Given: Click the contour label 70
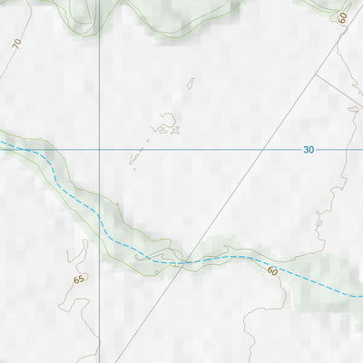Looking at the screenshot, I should tap(16, 44).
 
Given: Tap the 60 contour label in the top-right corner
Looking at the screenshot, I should tap(343, 18).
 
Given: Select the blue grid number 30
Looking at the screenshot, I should tap(309, 150).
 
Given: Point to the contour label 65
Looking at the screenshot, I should tap(79, 280).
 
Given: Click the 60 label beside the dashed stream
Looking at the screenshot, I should tap(272, 270).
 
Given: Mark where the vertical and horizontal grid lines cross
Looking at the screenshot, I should tap(99, 148).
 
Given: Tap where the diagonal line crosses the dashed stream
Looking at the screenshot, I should tap(184, 263).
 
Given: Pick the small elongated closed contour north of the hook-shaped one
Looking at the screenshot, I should tap(191, 83).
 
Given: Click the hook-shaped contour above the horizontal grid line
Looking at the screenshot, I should tap(168, 123).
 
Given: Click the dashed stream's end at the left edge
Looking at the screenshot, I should tap(2, 141).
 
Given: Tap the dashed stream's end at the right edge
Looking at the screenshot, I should tap(360, 296).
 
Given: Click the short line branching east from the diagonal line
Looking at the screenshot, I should tap(338, 91).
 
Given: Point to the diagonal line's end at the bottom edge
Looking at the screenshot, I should tap(115, 361).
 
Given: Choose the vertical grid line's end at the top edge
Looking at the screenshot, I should tap(99, 2).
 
